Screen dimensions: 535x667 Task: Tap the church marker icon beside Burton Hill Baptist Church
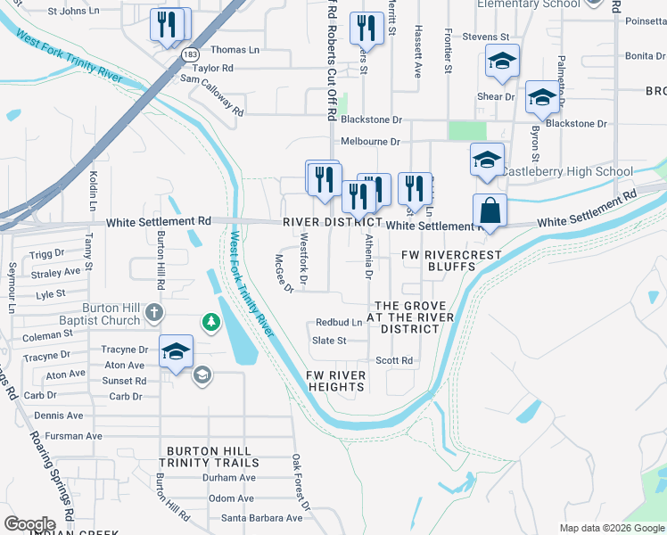pyautogui.click(x=154, y=313)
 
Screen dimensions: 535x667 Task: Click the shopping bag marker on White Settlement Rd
pyautogui.click(x=490, y=211)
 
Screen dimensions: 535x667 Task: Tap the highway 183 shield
pyautogui.click(x=190, y=55)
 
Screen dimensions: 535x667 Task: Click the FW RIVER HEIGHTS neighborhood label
pyautogui.click(x=336, y=381)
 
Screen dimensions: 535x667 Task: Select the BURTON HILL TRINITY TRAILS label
pyautogui.click(x=210, y=457)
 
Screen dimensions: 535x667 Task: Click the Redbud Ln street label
pyautogui.click(x=339, y=322)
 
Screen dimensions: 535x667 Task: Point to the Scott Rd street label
pyautogui.click(x=394, y=360)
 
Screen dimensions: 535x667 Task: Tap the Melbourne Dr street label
pyautogui.click(x=371, y=141)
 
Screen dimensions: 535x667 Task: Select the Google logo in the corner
pyautogui.click(x=29, y=524)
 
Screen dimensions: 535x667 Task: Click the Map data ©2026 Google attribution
pyautogui.click(x=611, y=528)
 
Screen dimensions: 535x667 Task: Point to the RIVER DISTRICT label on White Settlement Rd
pyautogui.click(x=333, y=222)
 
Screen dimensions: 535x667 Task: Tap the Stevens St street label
pyautogui.click(x=485, y=37)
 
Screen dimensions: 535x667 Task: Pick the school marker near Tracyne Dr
pyautogui.click(x=177, y=351)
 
